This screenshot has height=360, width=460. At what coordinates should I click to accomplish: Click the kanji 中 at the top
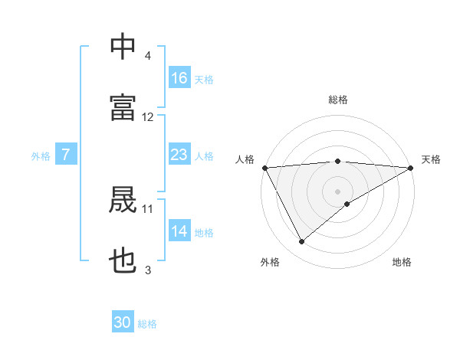(123, 47)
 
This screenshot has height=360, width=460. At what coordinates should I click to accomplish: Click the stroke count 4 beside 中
(148, 57)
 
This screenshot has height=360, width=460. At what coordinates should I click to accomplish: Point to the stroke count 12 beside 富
(148, 117)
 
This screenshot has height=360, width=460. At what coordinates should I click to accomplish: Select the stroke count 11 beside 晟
(148, 208)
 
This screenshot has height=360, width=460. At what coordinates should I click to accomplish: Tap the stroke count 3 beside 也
(148, 270)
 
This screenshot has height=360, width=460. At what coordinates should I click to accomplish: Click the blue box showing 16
(179, 78)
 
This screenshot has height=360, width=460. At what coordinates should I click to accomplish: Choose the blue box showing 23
(179, 155)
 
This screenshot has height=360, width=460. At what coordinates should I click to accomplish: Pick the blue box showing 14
(179, 231)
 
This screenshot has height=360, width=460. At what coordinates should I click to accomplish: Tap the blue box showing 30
(123, 323)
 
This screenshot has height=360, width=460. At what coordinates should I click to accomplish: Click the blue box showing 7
(66, 155)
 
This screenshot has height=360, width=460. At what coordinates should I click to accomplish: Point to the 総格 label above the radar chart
(338, 100)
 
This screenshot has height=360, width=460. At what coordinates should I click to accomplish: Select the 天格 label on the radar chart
(431, 159)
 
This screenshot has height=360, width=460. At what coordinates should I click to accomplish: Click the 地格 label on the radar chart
(402, 263)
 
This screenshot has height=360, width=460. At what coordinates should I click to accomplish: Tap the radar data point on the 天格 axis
(410, 168)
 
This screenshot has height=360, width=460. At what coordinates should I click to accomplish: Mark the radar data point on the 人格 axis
(265, 168)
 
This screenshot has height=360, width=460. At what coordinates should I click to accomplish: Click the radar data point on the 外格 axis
(301, 241)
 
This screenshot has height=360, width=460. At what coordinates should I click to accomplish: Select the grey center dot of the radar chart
(338, 191)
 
